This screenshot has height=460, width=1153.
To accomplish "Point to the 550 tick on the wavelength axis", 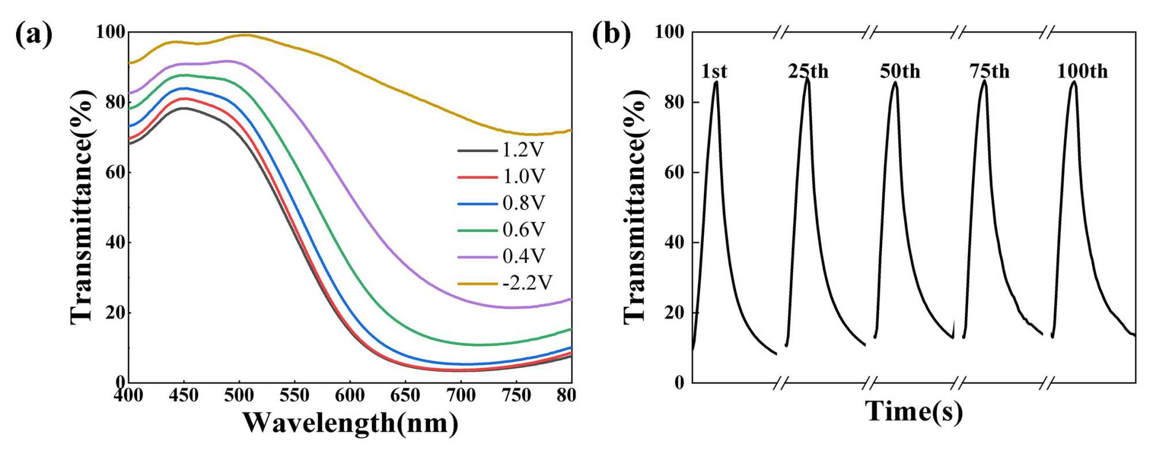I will pos(294,395).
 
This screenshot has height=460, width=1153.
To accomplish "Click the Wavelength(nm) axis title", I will pos(350,424).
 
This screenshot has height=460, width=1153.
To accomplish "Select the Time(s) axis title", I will pos(914,412).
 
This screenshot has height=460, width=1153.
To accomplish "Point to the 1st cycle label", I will pos(714,71).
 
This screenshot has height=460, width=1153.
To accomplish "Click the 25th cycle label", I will pos(808,71).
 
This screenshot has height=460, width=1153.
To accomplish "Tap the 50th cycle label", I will pos(900,71).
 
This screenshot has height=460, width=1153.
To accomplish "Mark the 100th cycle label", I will pos(1082,71).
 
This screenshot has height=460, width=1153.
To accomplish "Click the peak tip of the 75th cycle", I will pos(984,81).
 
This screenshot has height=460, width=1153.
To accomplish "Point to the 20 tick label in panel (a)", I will pos(115,312).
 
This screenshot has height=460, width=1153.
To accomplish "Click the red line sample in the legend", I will pos(477,177).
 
